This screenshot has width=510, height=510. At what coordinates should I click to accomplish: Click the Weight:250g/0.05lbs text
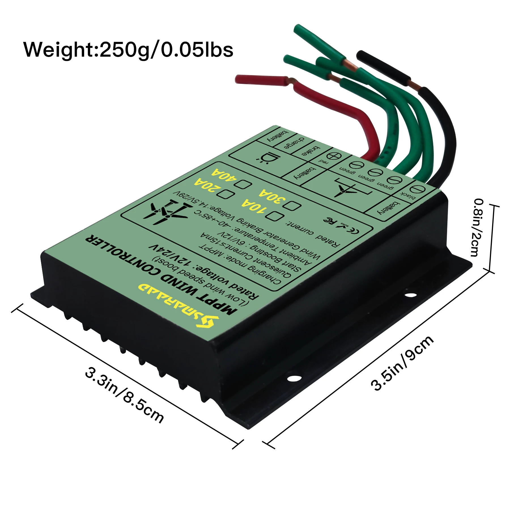click(128, 50)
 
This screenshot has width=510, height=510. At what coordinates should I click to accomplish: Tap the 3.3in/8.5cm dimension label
click(125, 395)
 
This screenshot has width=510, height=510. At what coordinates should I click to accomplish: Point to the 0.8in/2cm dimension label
click(479, 228)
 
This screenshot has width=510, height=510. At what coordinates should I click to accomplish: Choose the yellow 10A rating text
click(254, 207)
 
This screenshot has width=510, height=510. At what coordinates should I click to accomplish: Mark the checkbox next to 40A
click(243, 184)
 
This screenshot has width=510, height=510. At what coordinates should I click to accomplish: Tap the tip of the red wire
click(239, 79)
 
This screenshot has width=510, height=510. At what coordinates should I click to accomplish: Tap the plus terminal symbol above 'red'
click(334, 156)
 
